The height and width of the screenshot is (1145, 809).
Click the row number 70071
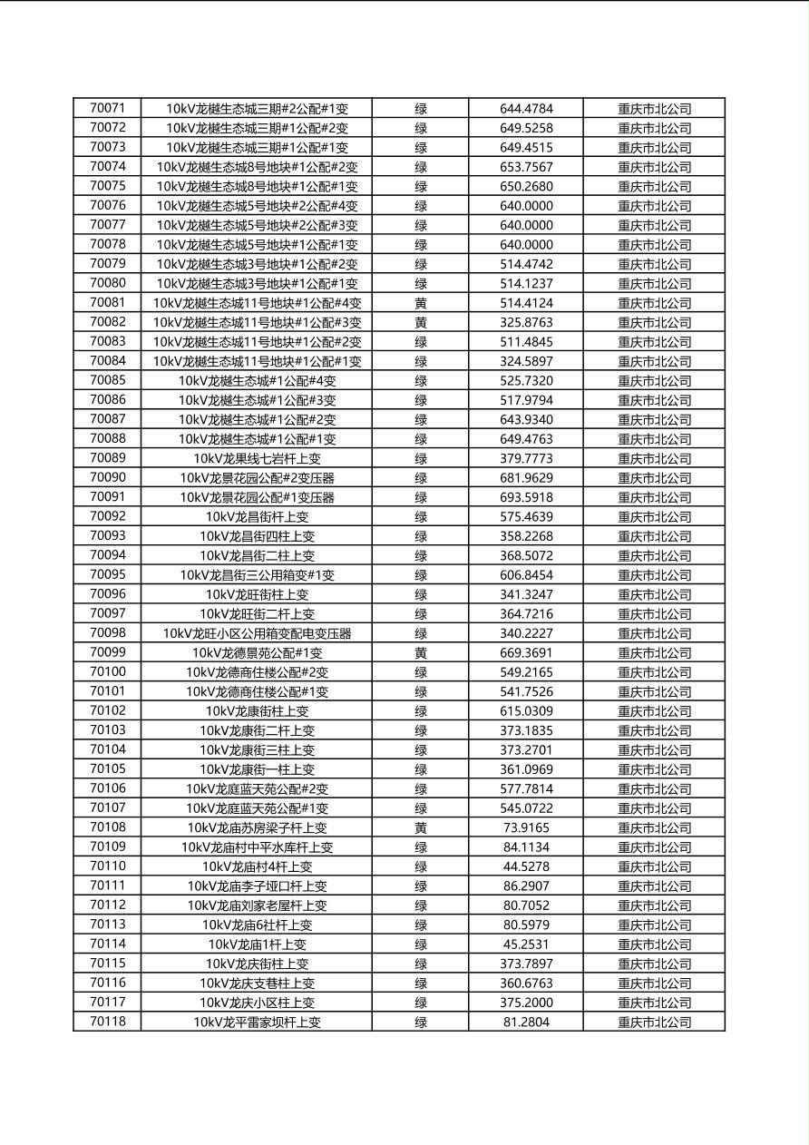[x=108, y=108]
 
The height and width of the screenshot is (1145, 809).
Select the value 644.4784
[x=526, y=109]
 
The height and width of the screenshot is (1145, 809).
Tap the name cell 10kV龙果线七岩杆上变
[x=257, y=459]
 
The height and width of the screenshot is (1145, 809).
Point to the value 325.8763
[x=526, y=323]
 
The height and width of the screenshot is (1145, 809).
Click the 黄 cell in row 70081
[x=421, y=303]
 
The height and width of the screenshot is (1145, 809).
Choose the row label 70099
[x=108, y=652]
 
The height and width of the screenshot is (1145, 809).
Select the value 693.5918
[x=526, y=498]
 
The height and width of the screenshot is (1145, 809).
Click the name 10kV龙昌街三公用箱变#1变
[x=257, y=575]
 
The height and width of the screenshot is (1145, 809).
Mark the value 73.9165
[x=526, y=828]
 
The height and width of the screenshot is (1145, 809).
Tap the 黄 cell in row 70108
[x=421, y=828]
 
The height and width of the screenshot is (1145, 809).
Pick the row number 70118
[x=108, y=1022]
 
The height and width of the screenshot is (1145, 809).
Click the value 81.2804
[x=526, y=1023]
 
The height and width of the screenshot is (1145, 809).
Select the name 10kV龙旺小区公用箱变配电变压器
[x=257, y=634]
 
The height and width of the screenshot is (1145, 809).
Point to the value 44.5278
[x=526, y=867]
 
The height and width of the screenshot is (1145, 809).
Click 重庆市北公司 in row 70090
[x=654, y=478]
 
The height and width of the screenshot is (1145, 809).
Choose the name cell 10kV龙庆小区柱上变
[x=257, y=1003]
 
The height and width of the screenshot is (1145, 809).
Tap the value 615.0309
[x=526, y=711]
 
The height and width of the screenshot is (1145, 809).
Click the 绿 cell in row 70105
[x=421, y=769]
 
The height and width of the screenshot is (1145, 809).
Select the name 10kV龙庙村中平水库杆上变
[x=257, y=847]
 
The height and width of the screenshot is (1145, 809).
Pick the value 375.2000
[x=526, y=1003]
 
